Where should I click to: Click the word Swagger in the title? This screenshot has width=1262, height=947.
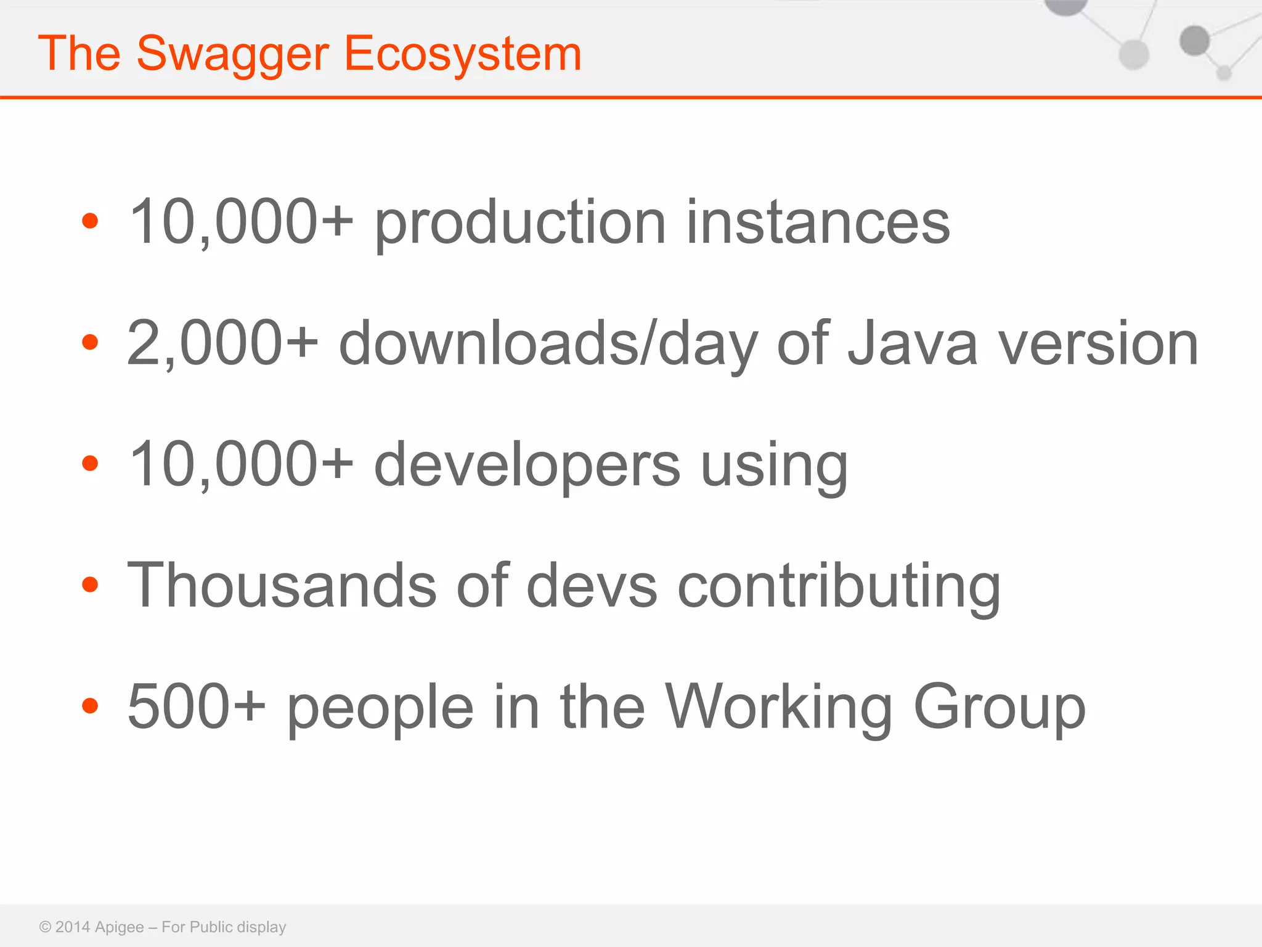[x=232, y=54]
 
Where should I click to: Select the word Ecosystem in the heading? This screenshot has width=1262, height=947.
[x=462, y=54]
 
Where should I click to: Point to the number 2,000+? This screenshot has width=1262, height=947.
[x=222, y=343]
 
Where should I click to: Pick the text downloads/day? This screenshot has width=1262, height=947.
[x=548, y=343]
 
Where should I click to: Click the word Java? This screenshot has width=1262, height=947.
[x=912, y=343]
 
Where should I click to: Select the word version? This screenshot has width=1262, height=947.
[x=1098, y=343]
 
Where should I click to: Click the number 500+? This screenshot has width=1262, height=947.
[x=197, y=707]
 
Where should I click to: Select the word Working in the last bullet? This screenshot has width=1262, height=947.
[x=779, y=707]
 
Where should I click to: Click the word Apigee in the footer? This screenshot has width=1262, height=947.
[x=120, y=927]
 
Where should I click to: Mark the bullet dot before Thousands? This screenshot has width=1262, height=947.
[x=90, y=584]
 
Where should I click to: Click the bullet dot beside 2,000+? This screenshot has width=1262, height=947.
[x=90, y=342]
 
